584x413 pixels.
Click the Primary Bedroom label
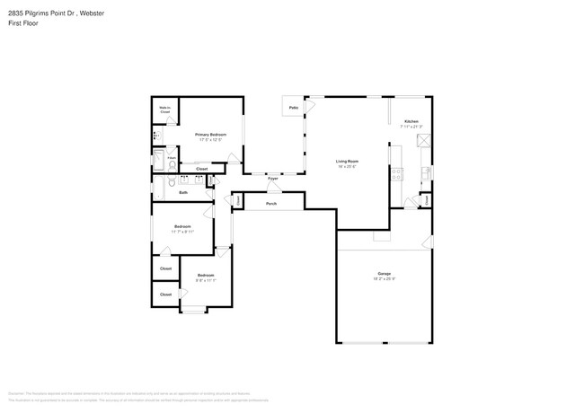pyautogui.click(x=210, y=135)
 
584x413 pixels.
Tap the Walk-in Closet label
pyautogui.click(x=164, y=110)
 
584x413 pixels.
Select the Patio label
pyautogui.click(x=293, y=108)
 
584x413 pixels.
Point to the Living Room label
pyautogui.click(x=347, y=161)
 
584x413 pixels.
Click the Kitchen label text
pyautogui.click(x=411, y=121)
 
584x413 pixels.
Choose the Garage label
pyautogui.click(x=384, y=273)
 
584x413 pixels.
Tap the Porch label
pyautogui.click(x=270, y=204)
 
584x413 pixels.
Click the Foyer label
pyautogui.click(x=273, y=178)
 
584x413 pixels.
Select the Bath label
pyautogui.click(x=183, y=192)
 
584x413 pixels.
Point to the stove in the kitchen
pyautogui.click(x=396, y=174)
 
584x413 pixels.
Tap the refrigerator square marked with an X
pyautogui.click(x=423, y=141)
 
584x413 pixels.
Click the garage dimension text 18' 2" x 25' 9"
pyautogui.click(x=384, y=278)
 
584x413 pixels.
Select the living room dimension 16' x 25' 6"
pyautogui.click(x=347, y=167)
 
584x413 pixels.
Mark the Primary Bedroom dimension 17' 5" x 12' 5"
pyautogui.click(x=210, y=140)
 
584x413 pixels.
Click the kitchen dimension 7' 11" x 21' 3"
pyautogui.click(x=411, y=127)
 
